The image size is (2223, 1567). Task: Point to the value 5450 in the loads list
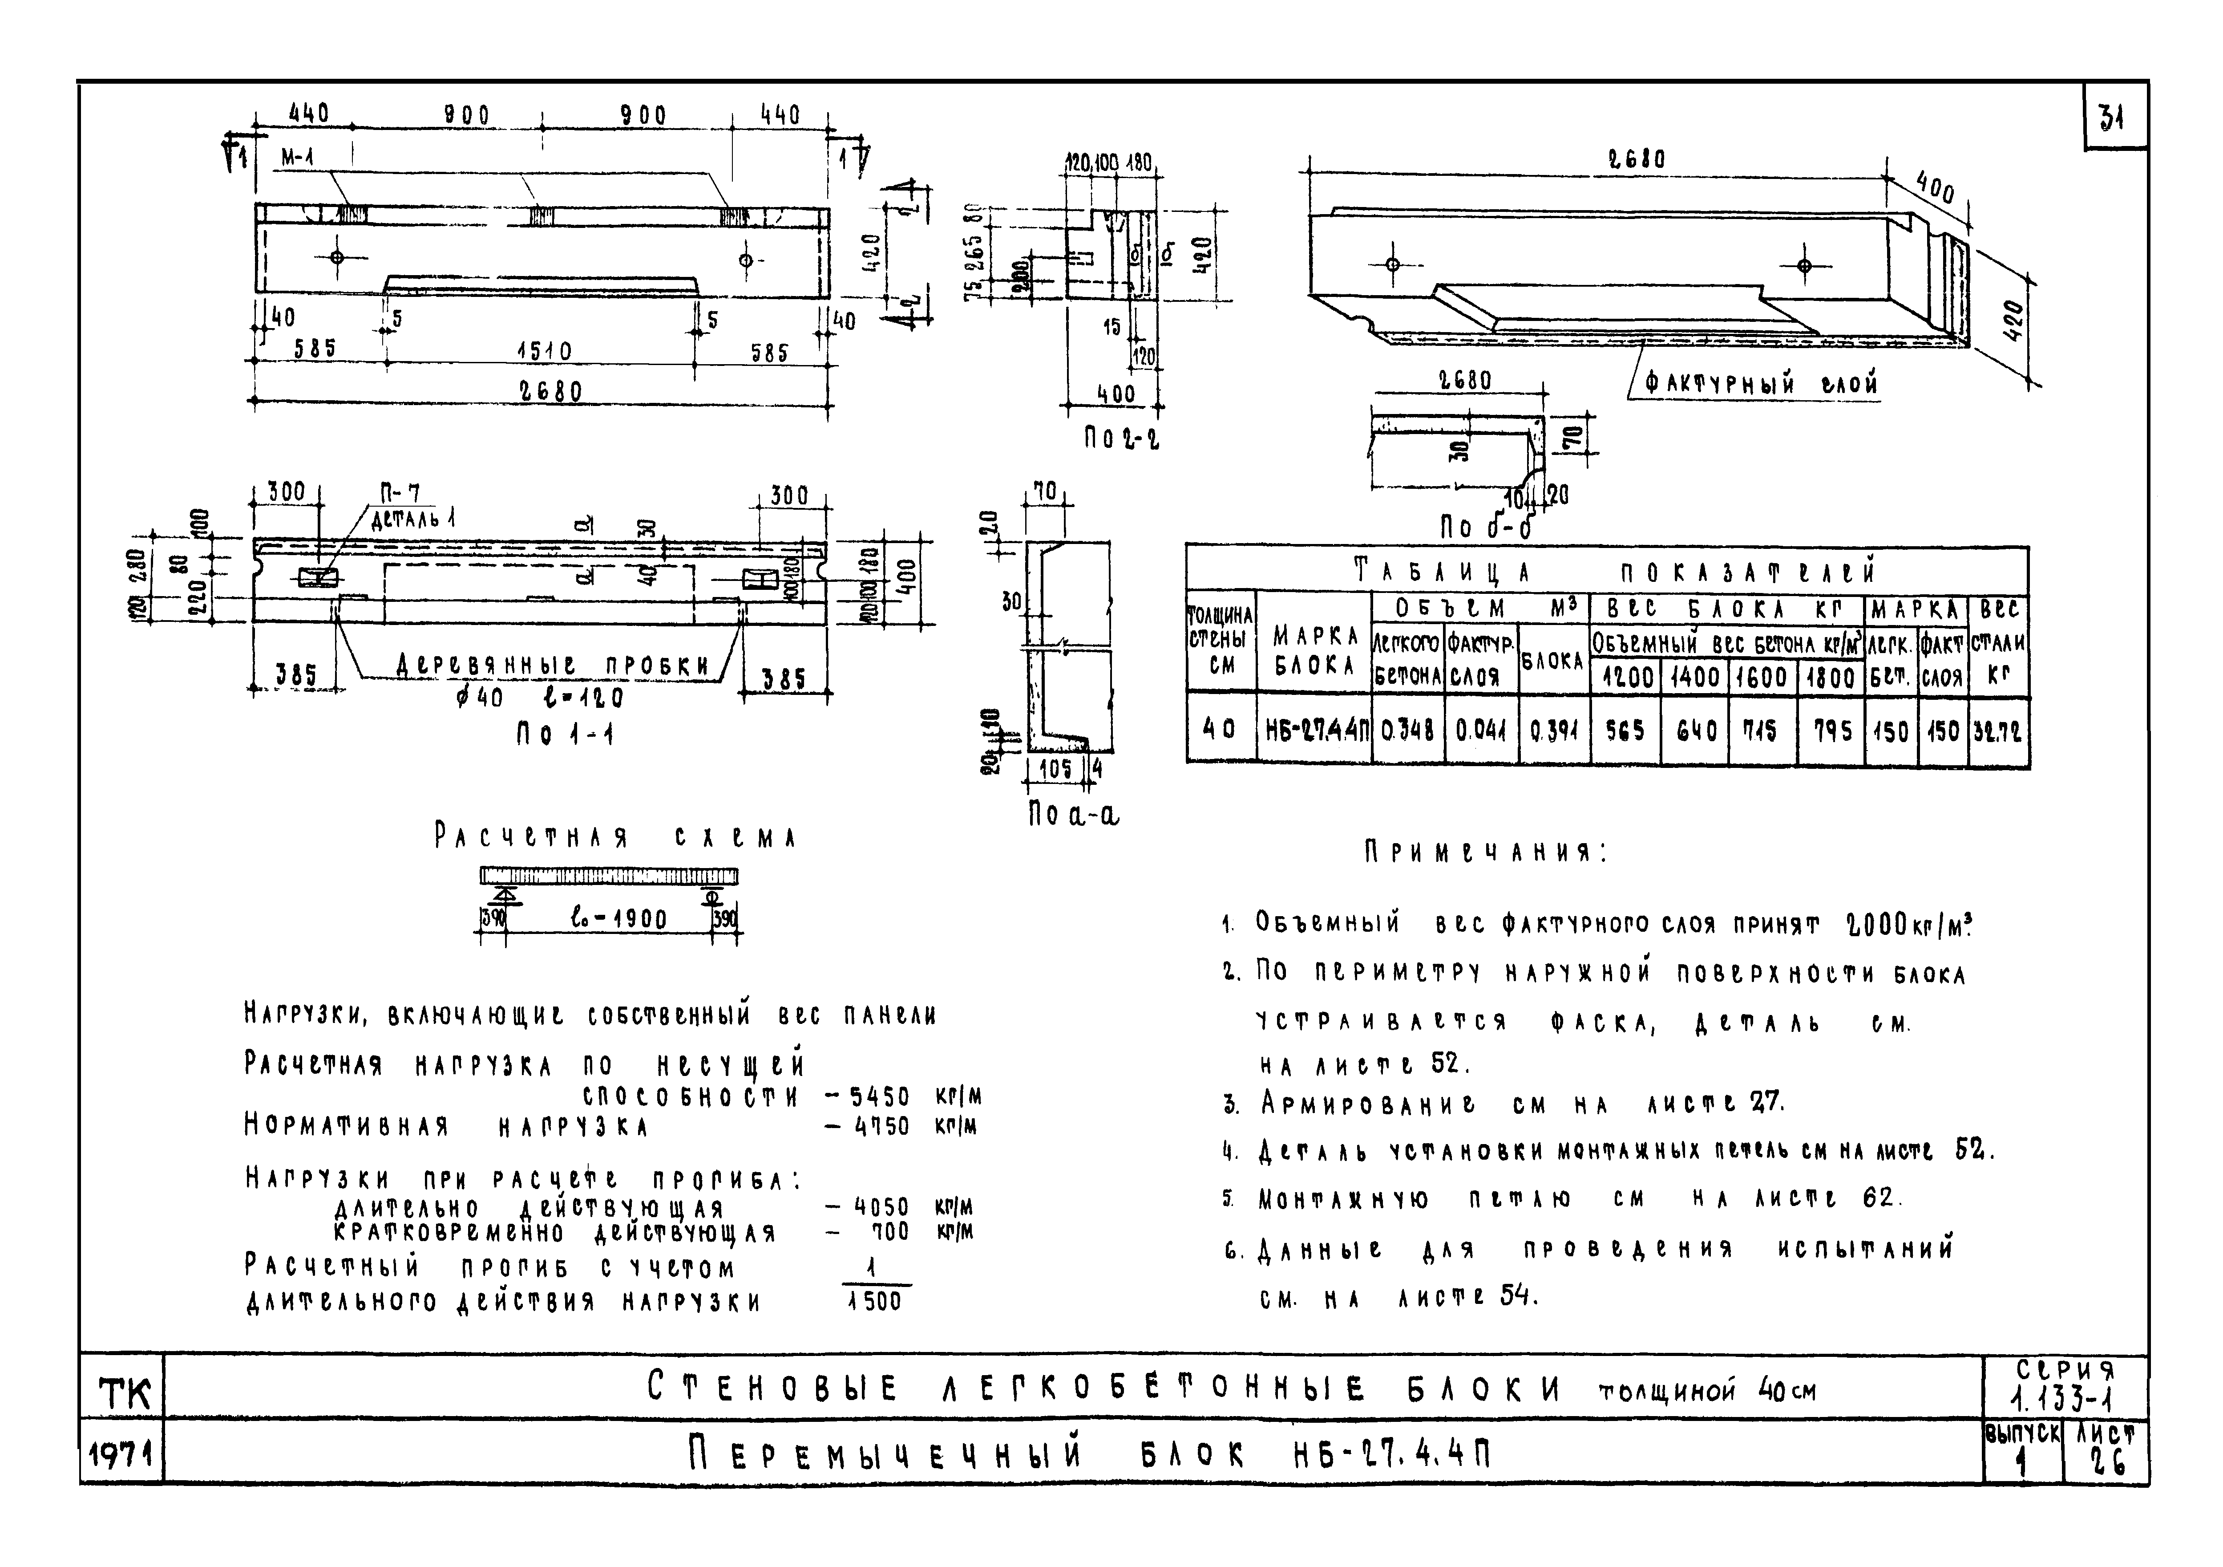click(879, 1096)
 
